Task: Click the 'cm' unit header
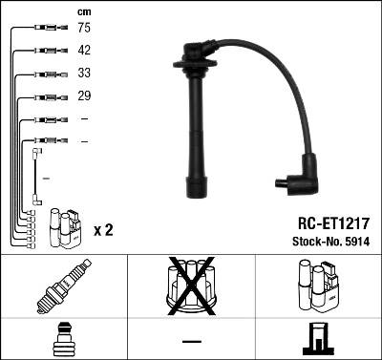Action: [x=85, y=11]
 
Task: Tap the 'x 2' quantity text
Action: [x=104, y=231]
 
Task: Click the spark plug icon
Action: [x=63, y=286]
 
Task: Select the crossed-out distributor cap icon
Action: [x=191, y=286]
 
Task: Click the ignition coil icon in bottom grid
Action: [x=317, y=286]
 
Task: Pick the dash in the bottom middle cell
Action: [x=191, y=341]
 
